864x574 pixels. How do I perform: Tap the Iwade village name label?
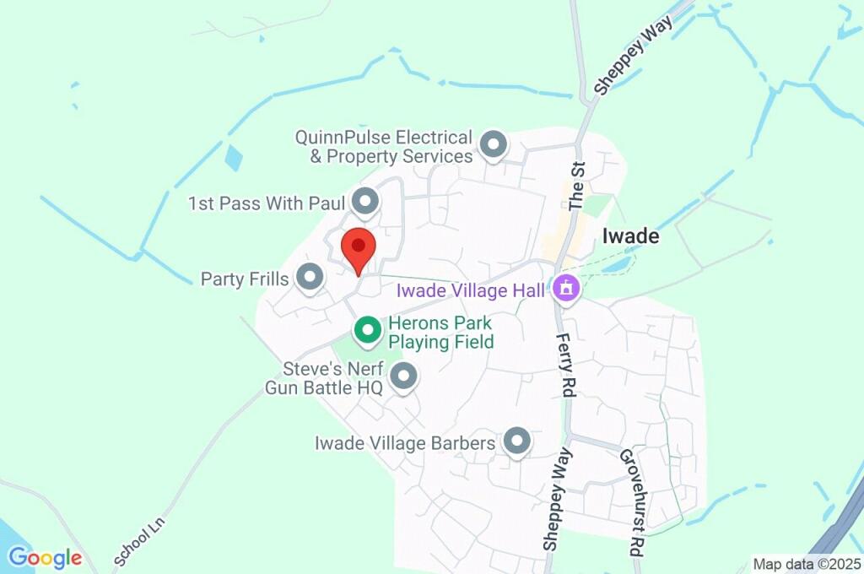(630, 236)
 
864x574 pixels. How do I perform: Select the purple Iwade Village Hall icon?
(565, 290)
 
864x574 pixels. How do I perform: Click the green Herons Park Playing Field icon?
(367, 329)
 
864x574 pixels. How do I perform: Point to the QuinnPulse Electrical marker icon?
(493, 144)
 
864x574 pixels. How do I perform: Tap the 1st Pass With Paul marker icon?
(364, 202)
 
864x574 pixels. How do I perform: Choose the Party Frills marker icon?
(310, 276)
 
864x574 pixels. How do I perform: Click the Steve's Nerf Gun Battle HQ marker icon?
(404, 376)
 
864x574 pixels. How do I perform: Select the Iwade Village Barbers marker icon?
(516, 441)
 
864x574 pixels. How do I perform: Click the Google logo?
(45, 558)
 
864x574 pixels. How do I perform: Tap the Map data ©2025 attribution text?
(807, 564)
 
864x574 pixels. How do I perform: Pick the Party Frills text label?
(245, 279)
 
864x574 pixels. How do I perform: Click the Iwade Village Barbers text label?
(404, 443)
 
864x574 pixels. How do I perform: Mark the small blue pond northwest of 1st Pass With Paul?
(234, 158)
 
